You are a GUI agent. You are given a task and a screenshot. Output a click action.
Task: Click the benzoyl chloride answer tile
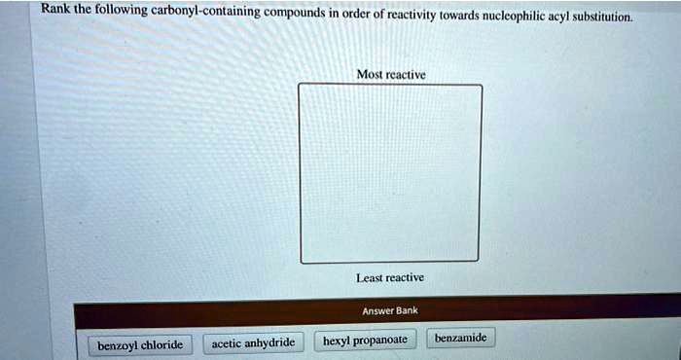coord(140,344)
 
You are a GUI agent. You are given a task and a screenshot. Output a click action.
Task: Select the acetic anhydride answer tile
coord(253,342)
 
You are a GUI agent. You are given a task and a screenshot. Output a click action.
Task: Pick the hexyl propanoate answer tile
coord(364,341)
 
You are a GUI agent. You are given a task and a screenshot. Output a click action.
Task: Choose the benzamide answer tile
coord(461,339)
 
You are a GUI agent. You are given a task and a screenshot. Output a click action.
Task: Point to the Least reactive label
coord(390,277)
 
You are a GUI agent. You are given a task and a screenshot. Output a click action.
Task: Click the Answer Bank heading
coord(389,310)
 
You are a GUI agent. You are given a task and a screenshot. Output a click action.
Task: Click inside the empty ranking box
coord(389,173)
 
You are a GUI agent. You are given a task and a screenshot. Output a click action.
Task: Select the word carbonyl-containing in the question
coord(204,13)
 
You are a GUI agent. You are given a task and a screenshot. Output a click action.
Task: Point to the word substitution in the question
coord(601,18)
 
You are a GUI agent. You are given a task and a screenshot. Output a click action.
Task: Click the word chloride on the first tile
coord(161,344)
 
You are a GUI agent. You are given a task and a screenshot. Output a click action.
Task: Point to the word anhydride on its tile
coord(269,342)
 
